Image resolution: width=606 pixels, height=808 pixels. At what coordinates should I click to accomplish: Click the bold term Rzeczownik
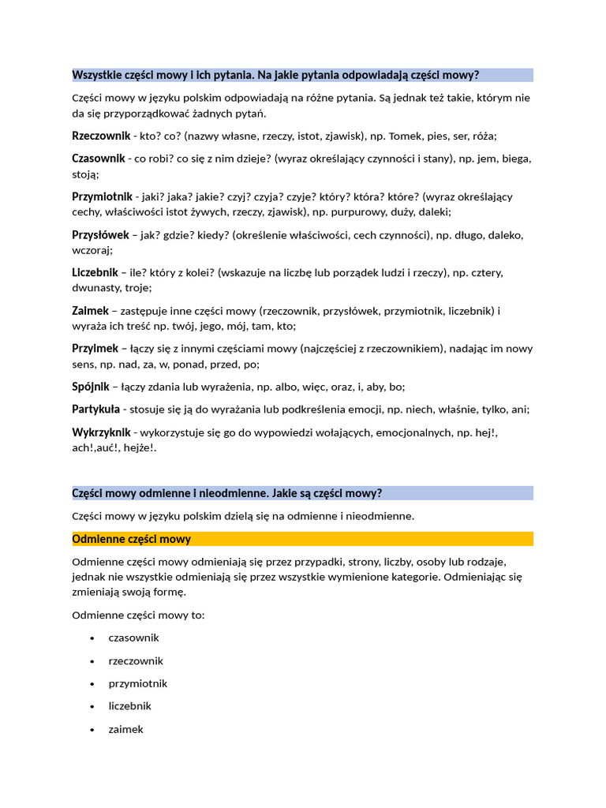click(x=101, y=136)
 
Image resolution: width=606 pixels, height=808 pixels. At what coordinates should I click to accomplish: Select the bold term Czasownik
click(x=99, y=158)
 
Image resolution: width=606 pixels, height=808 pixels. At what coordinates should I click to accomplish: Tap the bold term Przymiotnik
click(x=103, y=196)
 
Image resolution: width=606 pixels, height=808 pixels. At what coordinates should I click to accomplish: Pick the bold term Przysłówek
click(x=100, y=234)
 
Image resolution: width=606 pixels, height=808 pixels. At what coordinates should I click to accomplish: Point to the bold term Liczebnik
click(x=95, y=272)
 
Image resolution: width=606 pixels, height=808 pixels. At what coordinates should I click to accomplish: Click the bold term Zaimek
click(x=90, y=311)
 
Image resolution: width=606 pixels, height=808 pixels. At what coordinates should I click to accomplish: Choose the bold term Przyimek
click(x=95, y=348)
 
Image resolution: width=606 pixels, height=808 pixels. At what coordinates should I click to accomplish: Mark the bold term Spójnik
click(x=91, y=387)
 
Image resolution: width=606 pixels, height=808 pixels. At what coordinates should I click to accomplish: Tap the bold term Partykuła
click(x=95, y=409)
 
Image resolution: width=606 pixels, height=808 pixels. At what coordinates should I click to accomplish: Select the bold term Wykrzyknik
click(x=101, y=432)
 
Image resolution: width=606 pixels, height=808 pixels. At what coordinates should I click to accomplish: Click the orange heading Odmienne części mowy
click(x=131, y=539)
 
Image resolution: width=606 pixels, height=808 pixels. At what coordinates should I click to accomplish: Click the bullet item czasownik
click(x=133, y=638)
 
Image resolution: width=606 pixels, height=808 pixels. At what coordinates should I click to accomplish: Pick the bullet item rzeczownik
click(x=136, y=660)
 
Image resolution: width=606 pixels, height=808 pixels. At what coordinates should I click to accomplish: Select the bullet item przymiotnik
click(x=138, y=683)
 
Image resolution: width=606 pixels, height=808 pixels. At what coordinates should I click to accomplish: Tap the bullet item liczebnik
click(x=129, y=706)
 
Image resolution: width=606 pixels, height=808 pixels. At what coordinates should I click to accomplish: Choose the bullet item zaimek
click(x=126, y=729)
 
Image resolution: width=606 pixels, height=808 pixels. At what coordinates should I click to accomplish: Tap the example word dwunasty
click(x=96, y=288)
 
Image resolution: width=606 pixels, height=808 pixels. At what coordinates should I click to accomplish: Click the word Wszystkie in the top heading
click(x=95, y=75)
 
